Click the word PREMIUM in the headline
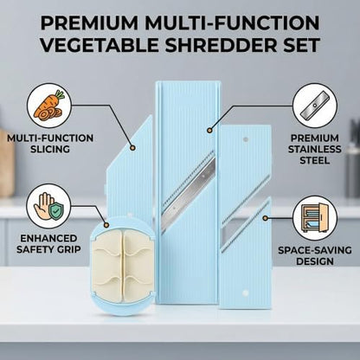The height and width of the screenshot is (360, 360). point(90,22)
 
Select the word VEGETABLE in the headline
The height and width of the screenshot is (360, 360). point(100,45)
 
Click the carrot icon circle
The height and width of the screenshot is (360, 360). point(49,106)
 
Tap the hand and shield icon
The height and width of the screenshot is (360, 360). point(48,206)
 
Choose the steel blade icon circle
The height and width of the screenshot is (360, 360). point(315,106)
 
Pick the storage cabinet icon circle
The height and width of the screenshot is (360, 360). point(315,218)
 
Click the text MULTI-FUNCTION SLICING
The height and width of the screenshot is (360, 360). point(50,144)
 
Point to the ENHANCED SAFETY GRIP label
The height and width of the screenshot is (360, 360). point(48,244)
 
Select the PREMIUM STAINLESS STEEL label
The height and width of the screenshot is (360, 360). point(315,149)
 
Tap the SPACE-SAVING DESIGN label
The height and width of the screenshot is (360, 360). point(315,255)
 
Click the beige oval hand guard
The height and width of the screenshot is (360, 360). point(123,266)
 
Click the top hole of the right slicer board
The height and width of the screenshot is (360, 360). point(246,139)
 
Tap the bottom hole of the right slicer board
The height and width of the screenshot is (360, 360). point(246,293)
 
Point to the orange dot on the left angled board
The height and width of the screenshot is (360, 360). point(132,147)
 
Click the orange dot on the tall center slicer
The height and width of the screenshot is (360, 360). point(209,131)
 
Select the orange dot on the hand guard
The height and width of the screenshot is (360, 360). point(106,224)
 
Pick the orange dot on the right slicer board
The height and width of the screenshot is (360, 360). point(266,218)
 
